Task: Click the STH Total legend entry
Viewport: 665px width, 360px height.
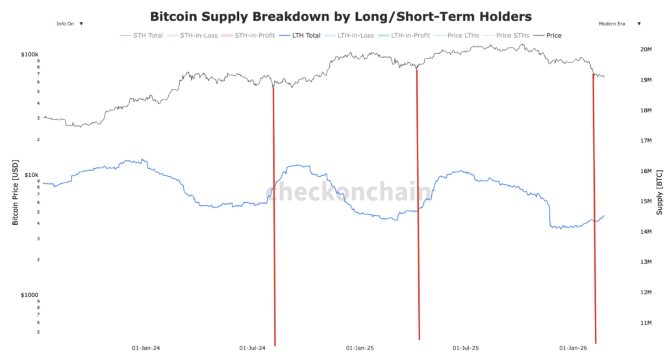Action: pyautogui.click(x=147, y=35)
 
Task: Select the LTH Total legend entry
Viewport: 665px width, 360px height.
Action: pyautogui.click(x=303, y=35)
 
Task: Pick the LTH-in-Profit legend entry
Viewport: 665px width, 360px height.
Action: pyautogui.click(x=414, y=35)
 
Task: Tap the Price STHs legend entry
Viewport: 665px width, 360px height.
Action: pyautogui.click(x=513, y=35)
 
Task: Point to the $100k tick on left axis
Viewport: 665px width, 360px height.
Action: pyautogui.click(x=30, y=55)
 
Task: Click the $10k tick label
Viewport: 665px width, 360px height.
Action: pyautogui.click(x=31, y=175)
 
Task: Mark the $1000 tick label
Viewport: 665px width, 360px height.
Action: pyautogui.click(x=30, y=294)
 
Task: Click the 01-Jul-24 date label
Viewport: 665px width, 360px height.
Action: pyautogui.click(x=253, y=348)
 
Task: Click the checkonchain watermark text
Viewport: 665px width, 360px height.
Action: pyautogui.click(x=347, y=192)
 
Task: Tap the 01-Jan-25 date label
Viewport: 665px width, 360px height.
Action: pyautogui.click(x=360, y=348)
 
